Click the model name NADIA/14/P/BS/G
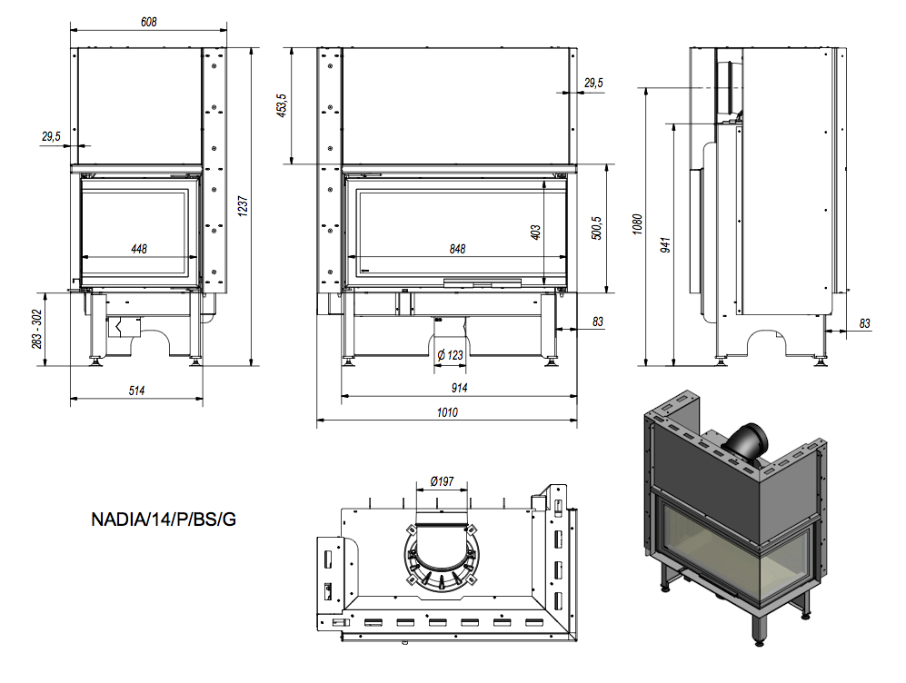click(x=163, y=520)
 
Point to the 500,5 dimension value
click(x=596, y=228)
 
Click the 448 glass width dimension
click(x=139, y=249)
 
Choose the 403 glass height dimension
click(x=535, y=233)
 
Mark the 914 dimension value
click(x=459, y=389)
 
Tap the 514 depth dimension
click(x=136, y=390)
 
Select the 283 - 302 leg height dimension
click(x=37, y=329)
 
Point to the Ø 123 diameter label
click(x=450, y=354)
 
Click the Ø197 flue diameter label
click(x=443, y=481)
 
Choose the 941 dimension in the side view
click(x=665, y=244)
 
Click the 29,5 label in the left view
click(x=51, y=136)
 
